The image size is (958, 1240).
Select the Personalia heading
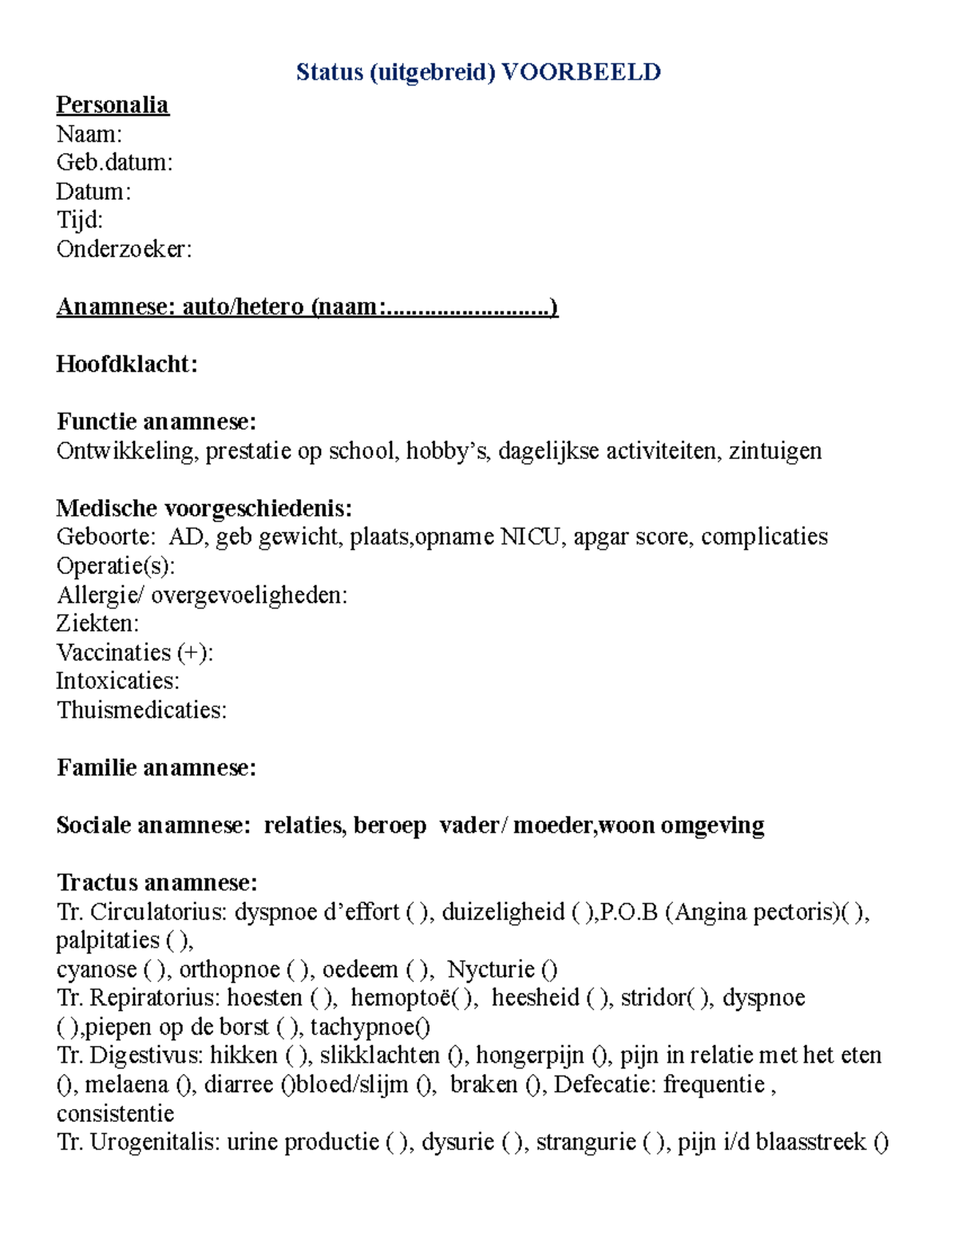point(112,105)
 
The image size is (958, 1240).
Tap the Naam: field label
point(89,134)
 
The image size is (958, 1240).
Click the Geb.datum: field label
point(114,163)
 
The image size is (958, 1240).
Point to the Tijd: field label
point(79,220)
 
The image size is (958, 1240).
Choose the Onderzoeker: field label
point(124,249)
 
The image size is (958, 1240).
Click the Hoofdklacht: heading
point(126,365)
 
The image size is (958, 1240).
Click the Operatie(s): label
point(115,566)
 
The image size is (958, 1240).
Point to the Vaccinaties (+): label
point(134,652)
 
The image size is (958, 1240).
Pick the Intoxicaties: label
point(117,681)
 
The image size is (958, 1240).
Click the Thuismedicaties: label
point(141,710)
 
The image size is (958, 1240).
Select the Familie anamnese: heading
point(156,768)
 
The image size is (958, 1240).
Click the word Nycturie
point(491,969)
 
